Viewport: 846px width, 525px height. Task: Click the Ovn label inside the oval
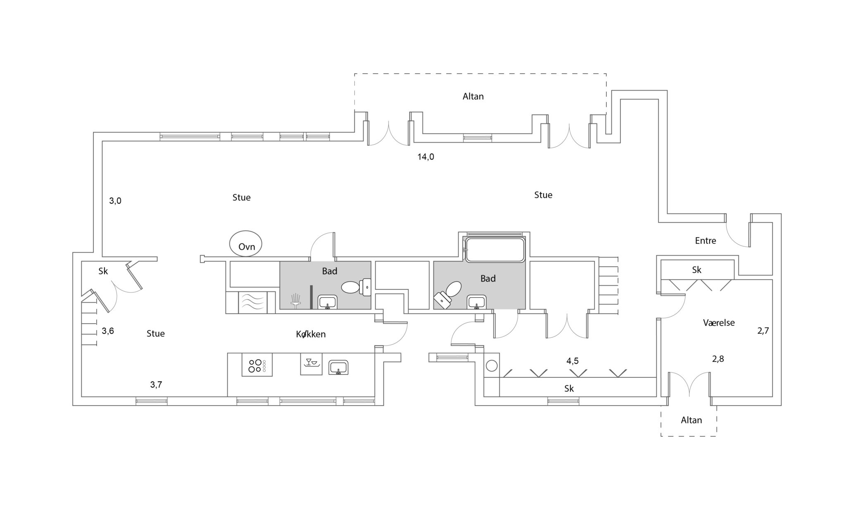(x=247, y=247)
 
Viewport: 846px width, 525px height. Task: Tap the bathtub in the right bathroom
(x=494, y=249)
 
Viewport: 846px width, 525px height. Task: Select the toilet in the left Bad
(x=356, y=286)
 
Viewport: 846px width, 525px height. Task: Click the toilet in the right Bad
(x=448, y=294)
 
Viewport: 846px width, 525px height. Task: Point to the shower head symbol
(x=295, y=301)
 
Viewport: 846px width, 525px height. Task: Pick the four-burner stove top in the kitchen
(x=257, y=365)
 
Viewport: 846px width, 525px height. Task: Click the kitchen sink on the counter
(x=338, y=367)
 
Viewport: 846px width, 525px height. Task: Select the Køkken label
(x=311, y=334)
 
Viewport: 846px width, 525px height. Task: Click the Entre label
(x=706, y=241)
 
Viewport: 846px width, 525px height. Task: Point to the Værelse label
(x=719, y=322)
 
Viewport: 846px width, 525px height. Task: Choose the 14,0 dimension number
(x=426, y=157)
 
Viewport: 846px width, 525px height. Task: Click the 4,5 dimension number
(x=573, y=361)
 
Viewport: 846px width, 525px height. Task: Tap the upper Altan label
(x=473, y=96)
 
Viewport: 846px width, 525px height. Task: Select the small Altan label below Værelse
(x=692, y=420)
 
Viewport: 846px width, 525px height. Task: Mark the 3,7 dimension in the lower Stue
(x=156, y=384)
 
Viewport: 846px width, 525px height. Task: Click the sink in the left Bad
(x=328, y=302)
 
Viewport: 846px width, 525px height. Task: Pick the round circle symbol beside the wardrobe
(x=492, y=366)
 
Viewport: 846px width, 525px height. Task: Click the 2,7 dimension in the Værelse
(x=763, y=331)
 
